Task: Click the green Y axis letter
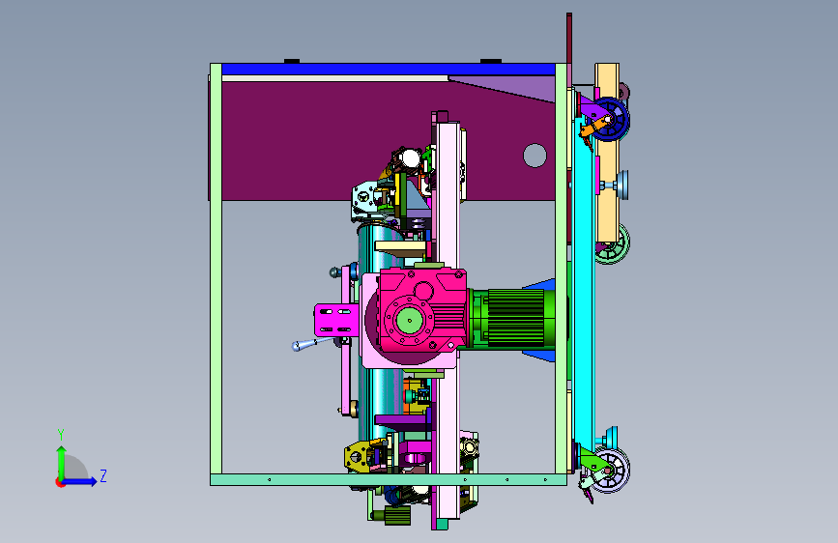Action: (61, 434)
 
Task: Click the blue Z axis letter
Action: (103, 475)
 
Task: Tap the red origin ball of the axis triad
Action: (60, 482)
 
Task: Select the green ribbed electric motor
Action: (514, 319)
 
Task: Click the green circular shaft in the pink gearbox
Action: (410, 321)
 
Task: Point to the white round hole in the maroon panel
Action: (535, 156)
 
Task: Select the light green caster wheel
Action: (613, 244)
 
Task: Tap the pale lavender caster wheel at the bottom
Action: (613, 470)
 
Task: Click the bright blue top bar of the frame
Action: (388, 70)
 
